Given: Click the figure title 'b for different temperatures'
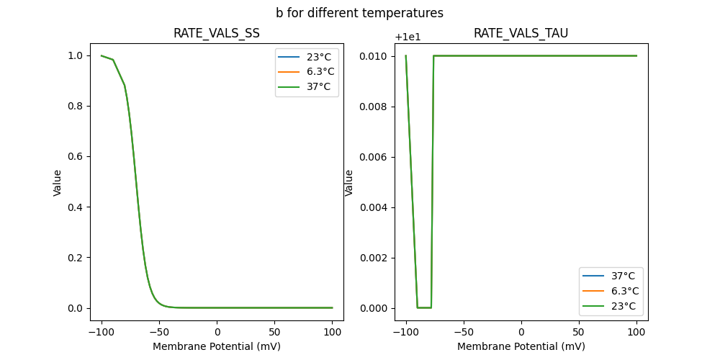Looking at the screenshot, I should (359, 13).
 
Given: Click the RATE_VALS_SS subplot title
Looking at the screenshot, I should (217, 33).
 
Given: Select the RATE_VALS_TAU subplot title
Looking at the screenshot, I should (521, 33).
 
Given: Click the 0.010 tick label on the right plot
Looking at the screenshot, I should (374, 56).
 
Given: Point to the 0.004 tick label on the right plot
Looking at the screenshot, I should (374, 207).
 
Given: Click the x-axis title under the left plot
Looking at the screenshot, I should (217, 346).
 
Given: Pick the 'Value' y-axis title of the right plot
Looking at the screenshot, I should (349, 183).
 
